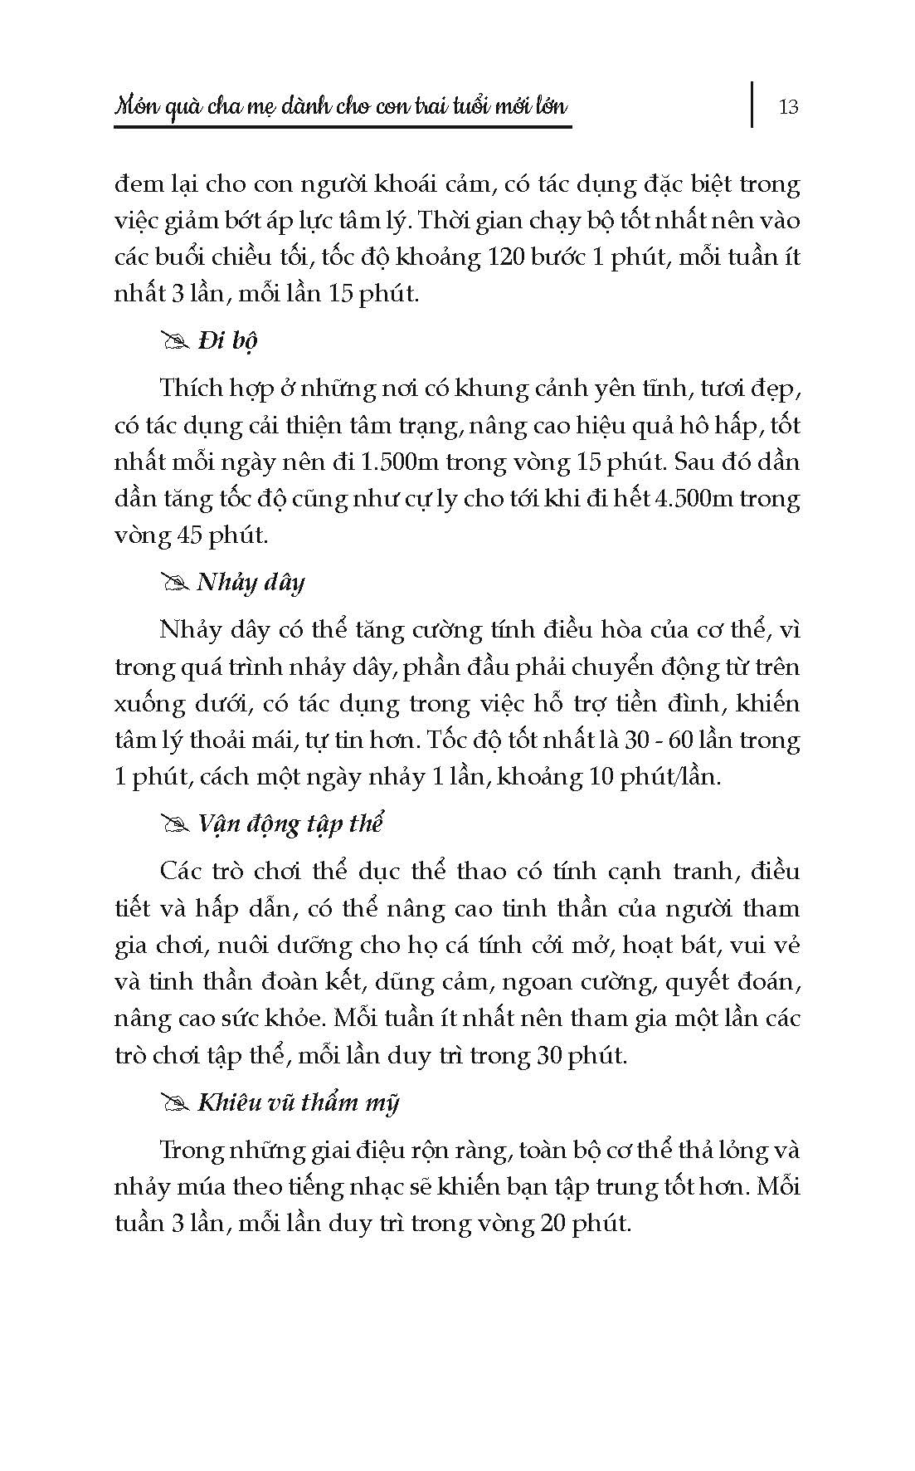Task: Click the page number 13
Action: point(788,106)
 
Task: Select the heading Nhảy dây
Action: point(251,582)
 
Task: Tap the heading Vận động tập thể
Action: point(290,824)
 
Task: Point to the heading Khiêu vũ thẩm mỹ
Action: point(298,1102)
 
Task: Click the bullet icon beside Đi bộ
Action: point(176,341)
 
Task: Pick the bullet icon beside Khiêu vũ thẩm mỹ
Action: point(176,1103)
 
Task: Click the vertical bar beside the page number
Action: point(753,104)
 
